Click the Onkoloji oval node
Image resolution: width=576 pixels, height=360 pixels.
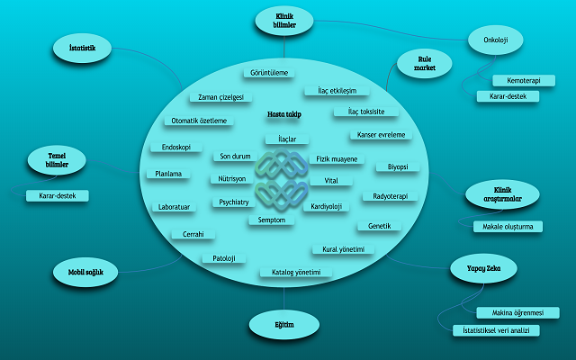pos(496,40)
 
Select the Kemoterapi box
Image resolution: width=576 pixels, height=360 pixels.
pos(524,80)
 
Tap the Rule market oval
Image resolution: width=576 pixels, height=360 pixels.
pos(425,64)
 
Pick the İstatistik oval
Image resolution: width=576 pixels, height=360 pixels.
pos(82,48)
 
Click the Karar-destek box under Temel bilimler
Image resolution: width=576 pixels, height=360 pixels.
pos(58,196)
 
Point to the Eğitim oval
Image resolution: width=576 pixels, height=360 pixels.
pos(284,325)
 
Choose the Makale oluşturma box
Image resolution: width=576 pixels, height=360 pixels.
pos(508,227)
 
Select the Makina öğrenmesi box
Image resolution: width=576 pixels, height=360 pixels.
pos(517,313)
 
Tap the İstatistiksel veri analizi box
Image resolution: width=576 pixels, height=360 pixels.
pos(496,330)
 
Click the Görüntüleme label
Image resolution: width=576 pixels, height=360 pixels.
pos(269,73)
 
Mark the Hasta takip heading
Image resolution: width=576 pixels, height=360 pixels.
pos(284,114)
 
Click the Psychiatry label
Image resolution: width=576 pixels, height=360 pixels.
pos(234,202)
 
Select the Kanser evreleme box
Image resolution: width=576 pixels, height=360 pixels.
pos(381,135)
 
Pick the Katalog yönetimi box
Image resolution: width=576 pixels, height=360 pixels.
pos(296,272)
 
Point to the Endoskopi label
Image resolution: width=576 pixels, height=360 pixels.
pos(176,148)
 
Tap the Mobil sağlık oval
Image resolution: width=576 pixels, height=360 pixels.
pos(85,272)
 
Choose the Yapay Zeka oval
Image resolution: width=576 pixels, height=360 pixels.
pos(484,268)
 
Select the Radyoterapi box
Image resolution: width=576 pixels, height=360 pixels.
pos(390,196)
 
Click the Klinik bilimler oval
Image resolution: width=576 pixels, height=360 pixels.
pos(284,21)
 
